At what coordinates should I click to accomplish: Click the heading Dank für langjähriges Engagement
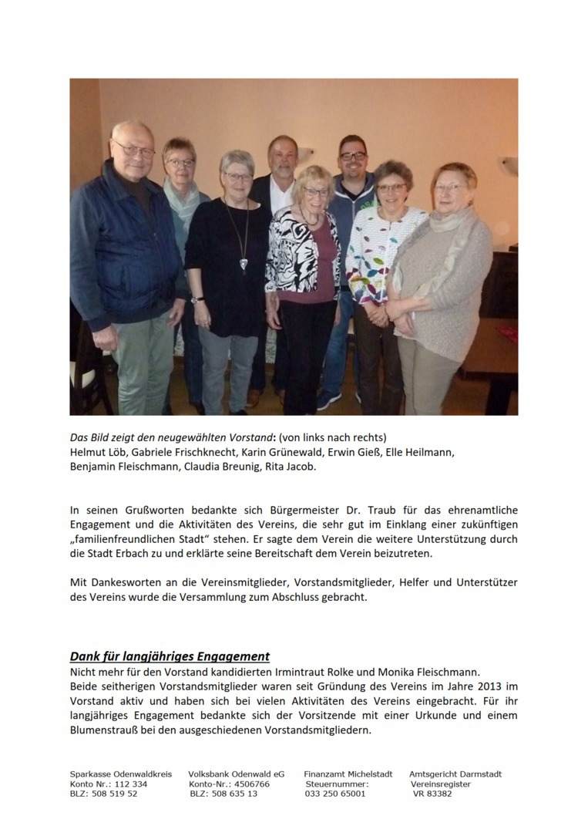[x=170, y=656]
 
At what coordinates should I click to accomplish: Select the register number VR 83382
[x=432, y=794]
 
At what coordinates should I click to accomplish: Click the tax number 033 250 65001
[x=335, y=794]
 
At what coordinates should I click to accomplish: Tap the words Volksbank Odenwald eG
[x=236, y=774]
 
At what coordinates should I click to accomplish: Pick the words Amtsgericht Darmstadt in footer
[x=455, y=774]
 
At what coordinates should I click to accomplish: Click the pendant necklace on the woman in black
[x=244, y=263]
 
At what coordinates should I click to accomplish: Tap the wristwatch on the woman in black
[x=195, y=299]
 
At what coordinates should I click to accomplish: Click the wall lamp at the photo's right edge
[x=508, y=164]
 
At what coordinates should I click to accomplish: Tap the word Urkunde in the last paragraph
[x=440, y=715]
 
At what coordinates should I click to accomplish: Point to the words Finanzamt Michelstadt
[x=348, y=774]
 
